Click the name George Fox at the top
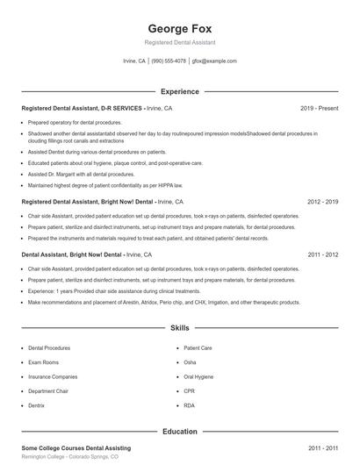[179, 27]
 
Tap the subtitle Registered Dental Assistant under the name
[179, 42]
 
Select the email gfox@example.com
[214, 61]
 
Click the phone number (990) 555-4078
[169, 61]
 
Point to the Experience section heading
[179, 91]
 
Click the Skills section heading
[179, 328]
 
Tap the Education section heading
[179, 432]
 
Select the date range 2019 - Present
[319, 108]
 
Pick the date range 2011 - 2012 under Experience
[323, 254]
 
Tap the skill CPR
[190, 391]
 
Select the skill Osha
[191, 362]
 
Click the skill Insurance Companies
[53, 376]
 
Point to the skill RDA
[190, 405]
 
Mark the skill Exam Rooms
[44, 362]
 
